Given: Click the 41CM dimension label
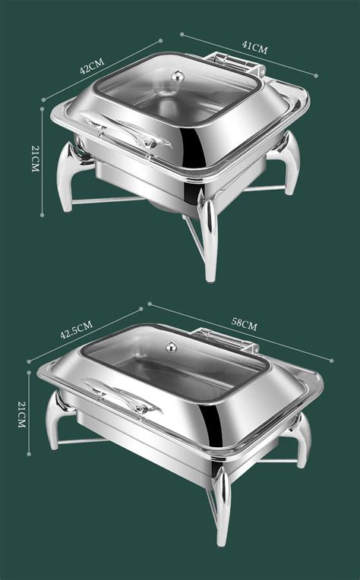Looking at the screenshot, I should pyautogui.click(x=255, y=47).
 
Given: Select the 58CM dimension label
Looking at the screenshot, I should pyautogui.click(x=245, y=325).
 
